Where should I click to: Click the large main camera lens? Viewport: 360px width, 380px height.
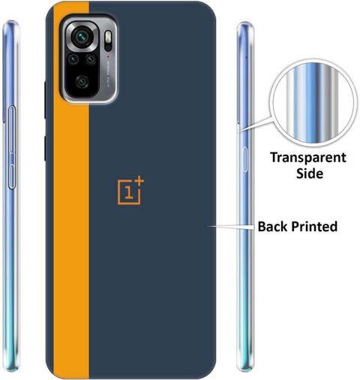tap(82, 37)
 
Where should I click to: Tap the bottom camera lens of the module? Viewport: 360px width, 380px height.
tap(82, 82)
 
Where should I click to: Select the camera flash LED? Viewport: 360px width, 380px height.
tap(108, 37)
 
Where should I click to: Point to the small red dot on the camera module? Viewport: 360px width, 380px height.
tap(108, 56)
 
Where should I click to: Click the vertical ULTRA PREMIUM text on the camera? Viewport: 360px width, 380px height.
tap(109, 74)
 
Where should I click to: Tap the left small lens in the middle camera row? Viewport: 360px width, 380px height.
tap(73, 59)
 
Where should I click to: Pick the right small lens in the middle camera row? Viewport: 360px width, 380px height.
tap(90, 59)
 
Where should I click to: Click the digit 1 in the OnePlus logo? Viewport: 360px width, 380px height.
tap(128, 193)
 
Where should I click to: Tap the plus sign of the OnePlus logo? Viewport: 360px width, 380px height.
tap(139, 181)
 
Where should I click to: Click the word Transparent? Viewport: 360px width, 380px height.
tap(308, 158)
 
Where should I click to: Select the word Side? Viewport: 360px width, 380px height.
tap(310, 173)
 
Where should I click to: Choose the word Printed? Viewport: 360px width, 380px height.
tap(314, 227)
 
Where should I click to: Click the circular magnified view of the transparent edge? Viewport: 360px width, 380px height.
tap(312, 103)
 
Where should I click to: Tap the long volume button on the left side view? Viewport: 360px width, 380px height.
tap(12, 129)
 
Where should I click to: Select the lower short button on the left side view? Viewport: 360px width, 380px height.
tap(11, 176)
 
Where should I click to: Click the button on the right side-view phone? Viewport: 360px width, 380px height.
tap(245, 159)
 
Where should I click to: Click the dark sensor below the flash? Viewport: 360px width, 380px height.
tap(108, 47)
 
